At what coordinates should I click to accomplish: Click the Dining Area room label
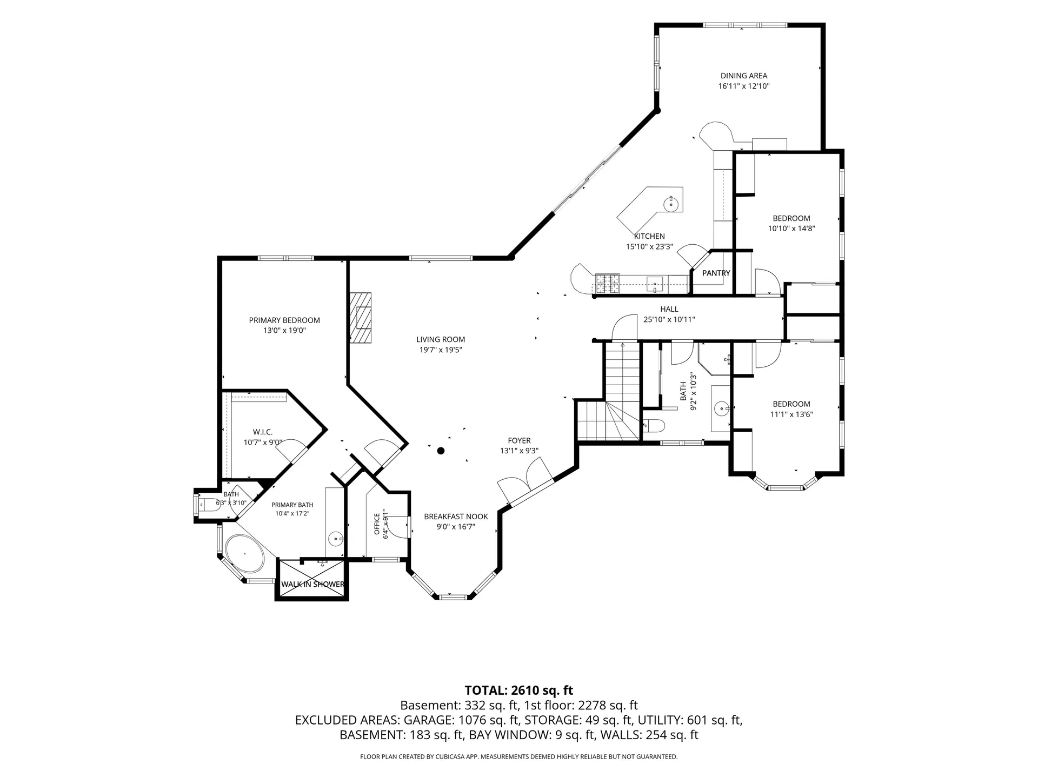[x=743, y=76]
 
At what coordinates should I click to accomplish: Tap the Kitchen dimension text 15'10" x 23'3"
[x=649, y=246]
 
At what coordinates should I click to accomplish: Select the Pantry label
[x=716, y=273]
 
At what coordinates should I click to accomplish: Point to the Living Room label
[x=441, y=339]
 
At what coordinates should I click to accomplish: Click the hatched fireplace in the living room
[x=361, y=317]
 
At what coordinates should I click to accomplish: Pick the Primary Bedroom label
[x=284, y=320]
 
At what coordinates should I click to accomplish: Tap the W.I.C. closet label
[x=263, y=432]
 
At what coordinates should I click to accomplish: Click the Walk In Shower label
[x=312, y=584]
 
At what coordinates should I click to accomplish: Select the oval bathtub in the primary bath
[x=244, y=555]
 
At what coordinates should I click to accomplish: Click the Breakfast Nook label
[x=456, y=517]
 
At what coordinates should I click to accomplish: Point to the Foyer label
[x=519, y=440]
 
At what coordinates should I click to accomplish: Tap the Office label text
[x=377, y=524]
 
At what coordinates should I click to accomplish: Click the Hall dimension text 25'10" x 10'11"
[x=669, y=319]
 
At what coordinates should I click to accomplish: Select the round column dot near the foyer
[x=441, y=451]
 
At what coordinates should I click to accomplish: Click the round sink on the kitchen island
[x=670, y=204]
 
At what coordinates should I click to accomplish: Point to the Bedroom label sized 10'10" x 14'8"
[x=791, y=218]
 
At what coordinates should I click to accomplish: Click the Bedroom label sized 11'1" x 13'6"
[x=791, y=404]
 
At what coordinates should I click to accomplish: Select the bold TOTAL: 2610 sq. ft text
[x=519, y=690]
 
